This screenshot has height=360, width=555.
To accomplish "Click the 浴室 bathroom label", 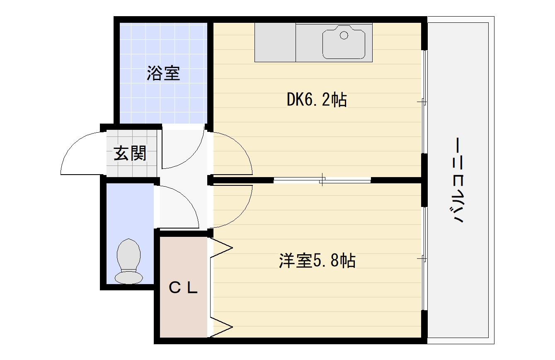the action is (x=163, y=73).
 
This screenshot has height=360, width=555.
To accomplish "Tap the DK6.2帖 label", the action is (x=317, y=100).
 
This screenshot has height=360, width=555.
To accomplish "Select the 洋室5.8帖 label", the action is (x=317, y=260).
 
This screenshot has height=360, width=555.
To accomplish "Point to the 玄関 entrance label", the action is (x=130, y=153).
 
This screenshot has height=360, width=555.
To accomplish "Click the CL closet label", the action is (x=183, y=288).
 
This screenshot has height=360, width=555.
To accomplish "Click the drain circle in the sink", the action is (x=344, y=35).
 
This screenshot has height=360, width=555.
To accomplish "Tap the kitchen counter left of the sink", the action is (x=275, y=42).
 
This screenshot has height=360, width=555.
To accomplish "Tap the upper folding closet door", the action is (x=221, y=248).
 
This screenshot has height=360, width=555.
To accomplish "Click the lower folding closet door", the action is (x=221, y=327).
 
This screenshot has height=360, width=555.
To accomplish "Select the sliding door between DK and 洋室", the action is (x=322, y=180).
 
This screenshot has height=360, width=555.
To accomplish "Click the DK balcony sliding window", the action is (x=424, y=102).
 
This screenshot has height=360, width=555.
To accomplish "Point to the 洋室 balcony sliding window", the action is (x=424, y=259).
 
